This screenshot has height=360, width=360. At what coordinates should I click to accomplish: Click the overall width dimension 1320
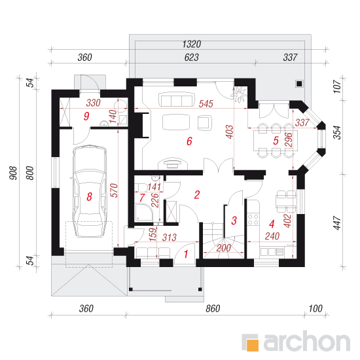tap(192, 44)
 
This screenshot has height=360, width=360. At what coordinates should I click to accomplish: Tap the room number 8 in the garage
tap(89, 196)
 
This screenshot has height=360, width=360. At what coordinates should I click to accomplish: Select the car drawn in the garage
tap(90, 190)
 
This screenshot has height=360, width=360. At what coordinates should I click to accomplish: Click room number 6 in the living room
tap(189, 141)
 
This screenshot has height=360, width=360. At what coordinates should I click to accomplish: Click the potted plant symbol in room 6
tap(240, 94)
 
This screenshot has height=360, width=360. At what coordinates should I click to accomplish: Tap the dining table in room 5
tap(276, 141)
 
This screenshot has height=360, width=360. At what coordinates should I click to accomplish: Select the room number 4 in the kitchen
tap(272, 224)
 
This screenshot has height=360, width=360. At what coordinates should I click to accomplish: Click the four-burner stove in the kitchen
tap(253, 219)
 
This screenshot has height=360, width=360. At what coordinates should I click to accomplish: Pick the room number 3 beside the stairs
tap(234, 221)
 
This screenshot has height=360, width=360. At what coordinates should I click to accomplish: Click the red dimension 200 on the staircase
tap(224, 248)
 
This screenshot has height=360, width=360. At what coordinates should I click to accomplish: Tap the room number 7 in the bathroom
tap(142, 198)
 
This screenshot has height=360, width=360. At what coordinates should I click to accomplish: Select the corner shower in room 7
tap(144, 212)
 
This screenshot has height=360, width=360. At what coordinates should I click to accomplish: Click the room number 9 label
tap(86, 116)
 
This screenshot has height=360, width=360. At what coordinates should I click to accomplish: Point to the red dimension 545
tap(206, 104)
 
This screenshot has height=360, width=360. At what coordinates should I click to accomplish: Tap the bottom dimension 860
tap(213, 308)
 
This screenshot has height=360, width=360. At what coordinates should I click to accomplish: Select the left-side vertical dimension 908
tap(14, 173)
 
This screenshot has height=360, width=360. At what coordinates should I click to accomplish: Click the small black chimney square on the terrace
tap(299, 84)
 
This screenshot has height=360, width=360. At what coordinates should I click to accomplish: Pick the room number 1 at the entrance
tap(186, 254)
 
